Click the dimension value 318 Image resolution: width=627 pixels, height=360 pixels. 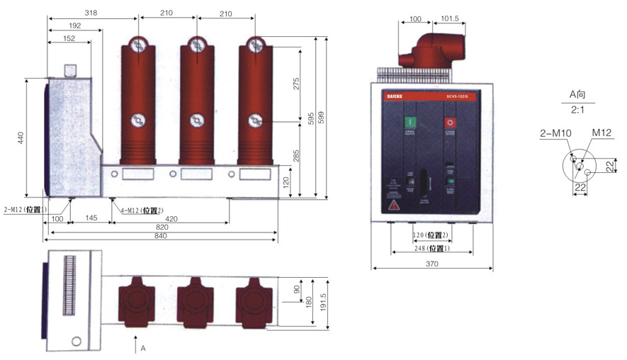pyautogui.click(x=91, y=13)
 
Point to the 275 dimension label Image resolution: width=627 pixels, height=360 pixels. pyautogui.click(x=298, y=83)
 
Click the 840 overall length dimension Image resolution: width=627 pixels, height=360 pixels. pyautogui.click(x=162, y=236)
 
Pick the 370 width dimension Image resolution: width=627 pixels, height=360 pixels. pyautogui.click(x=432, y=264)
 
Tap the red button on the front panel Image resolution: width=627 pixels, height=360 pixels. pyautogui.click(x=449, y=122)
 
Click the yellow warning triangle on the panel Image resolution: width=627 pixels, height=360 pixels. pyautogui.click(x=392, y=206)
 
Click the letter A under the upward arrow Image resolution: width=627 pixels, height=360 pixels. pyautogui.click(x=142, y=348)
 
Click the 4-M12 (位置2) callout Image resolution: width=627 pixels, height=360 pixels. pyautogui.click(x=140, y=210)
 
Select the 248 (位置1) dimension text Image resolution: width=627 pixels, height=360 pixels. pyautogui.click(x=431, y=248)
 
